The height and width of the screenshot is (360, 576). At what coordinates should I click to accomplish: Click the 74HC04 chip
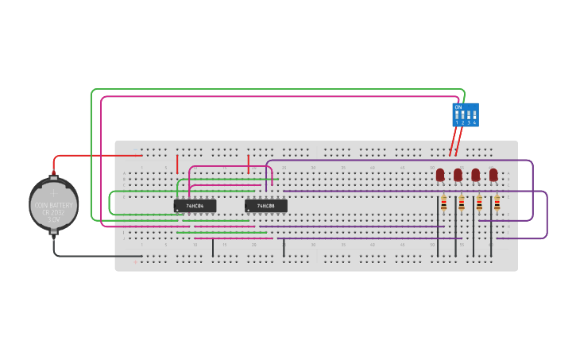click(x=195, y=206)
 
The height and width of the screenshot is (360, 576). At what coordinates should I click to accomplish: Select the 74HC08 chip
click(x=266, y=206)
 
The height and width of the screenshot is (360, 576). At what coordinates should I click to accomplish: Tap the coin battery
click(x=54, y=205)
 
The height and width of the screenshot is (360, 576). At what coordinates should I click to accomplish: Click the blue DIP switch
click(x=466, y=114)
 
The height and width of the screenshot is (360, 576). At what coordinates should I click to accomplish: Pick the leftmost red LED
click(x=440, y=174)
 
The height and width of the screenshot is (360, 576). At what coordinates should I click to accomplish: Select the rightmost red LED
click(x=493, y=174)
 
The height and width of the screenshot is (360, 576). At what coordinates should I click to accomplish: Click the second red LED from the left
click(x=458, y=174)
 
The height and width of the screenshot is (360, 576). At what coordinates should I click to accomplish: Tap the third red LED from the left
click(x=475, y=174)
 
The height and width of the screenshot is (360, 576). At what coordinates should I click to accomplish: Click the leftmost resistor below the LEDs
click(x=443, y=205)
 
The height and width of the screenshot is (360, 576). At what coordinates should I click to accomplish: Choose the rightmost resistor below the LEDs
click(x=497, y=205)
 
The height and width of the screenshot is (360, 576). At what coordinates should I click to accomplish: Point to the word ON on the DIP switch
click(x=458, y=106)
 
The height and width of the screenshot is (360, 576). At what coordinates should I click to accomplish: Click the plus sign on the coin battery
click(x=54, y=192)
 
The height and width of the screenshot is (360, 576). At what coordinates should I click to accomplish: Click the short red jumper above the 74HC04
click(x=177, y=164)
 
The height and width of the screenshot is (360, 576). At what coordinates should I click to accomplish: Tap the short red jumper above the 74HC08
click(x=249, y=164)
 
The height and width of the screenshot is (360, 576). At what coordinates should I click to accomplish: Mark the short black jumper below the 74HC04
click(x=212, y=248)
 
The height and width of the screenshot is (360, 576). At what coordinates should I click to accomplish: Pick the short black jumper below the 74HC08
click(x=284, y=248)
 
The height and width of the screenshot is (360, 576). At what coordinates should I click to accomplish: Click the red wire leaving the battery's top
click(x=95, y=156)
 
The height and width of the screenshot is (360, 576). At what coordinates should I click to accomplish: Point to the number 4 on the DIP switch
click(x=474, y=122)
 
